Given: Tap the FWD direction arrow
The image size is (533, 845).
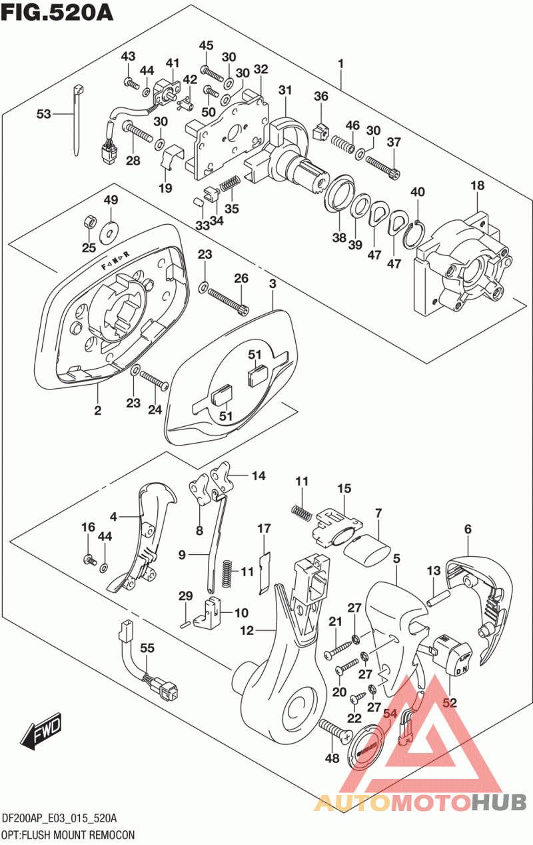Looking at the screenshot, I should click(41, 732).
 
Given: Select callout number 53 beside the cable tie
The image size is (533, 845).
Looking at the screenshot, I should click(44, 114).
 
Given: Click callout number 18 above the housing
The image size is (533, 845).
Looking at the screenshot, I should click(477, 186).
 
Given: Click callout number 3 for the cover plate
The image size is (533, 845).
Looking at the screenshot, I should click(272, 284).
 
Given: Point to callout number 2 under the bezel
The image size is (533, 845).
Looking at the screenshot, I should click(97, 410).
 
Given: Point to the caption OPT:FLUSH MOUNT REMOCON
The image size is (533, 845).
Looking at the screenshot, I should click(69, 834).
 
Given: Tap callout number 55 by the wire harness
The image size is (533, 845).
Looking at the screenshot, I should click(147, 648).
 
